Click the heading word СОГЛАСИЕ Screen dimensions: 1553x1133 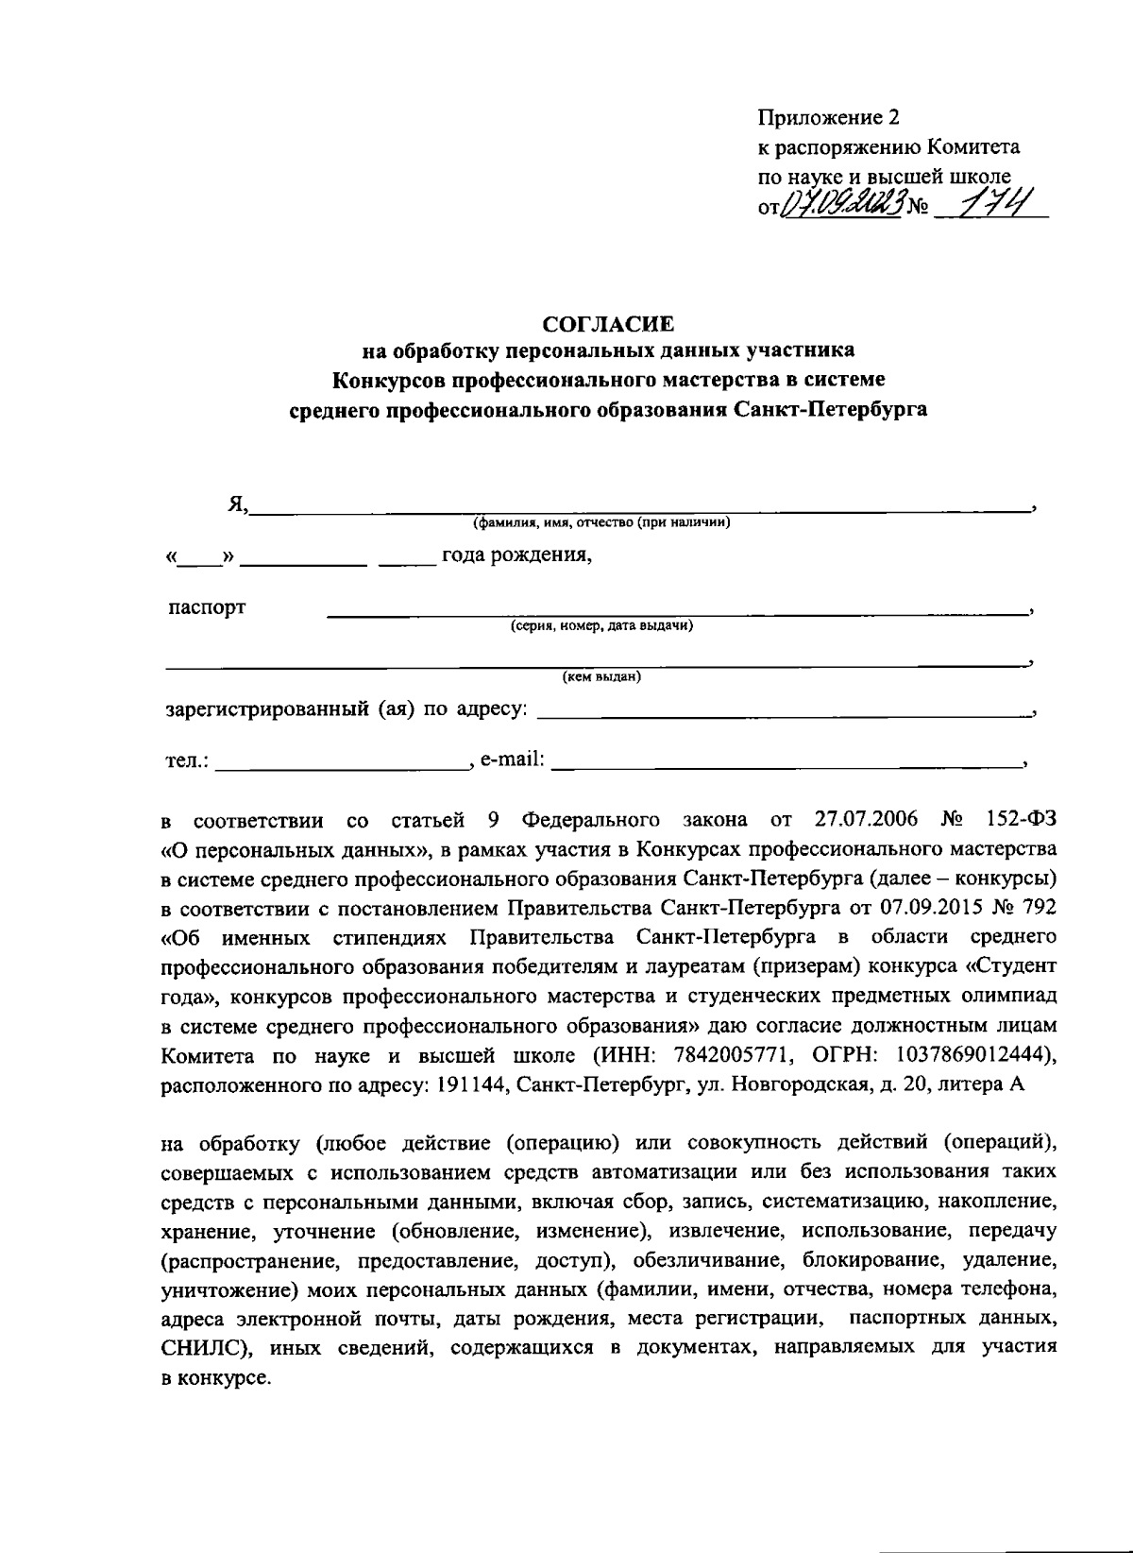(608, 324)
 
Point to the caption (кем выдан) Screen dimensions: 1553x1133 (601, 676)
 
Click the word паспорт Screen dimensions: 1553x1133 (207, 607)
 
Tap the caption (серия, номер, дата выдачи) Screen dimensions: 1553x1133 (602, 625)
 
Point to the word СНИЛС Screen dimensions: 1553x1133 (205, 1349)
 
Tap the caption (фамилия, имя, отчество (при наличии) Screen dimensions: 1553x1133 (602, 522)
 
